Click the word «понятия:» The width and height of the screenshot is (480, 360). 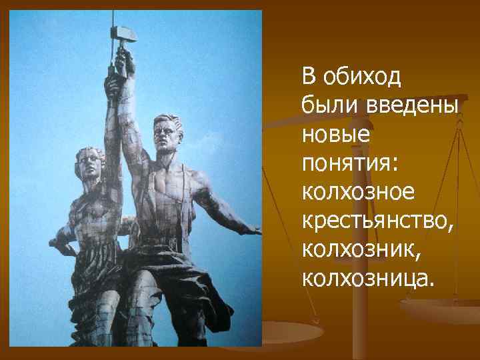pyautogui.click(x=350, y=163)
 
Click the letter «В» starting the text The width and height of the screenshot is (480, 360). pyautogui.click(x=309, y=78)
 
